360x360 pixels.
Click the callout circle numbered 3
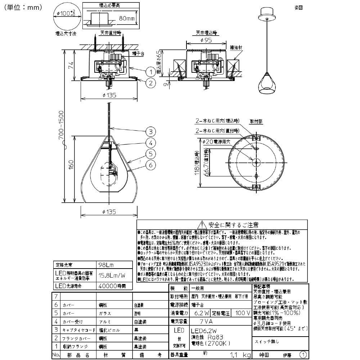(151, 131)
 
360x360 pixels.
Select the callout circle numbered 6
(151, 165)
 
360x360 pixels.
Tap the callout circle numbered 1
(151, 72)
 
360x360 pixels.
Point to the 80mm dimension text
(127, 18)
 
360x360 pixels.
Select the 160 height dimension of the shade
(71, 165)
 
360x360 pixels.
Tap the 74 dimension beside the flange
(71, 66)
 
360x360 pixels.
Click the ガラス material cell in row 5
(105, 314)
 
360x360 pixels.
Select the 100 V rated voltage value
(243, 313)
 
